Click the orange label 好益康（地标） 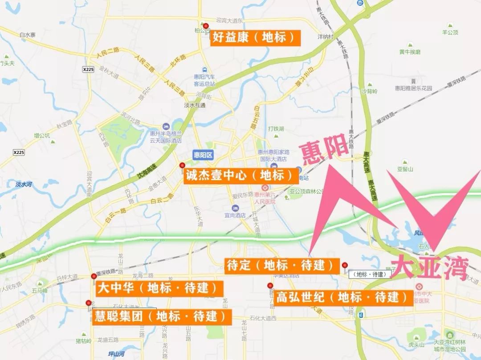(x=254, y=37)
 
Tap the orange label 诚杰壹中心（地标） (x=240, y=175)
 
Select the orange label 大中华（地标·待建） (x=159, y=288)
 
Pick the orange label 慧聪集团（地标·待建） (x=162, y=316)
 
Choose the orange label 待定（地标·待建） (x=281, y=266)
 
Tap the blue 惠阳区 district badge (x=204, y=155)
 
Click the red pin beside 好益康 (x=205, y=26)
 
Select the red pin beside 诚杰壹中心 (x=182, y=166)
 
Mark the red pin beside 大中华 (x=94, y=276)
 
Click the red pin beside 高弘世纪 (x=270, y=286)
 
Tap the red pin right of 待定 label (x=344, y=266)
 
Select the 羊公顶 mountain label (x=450, y=32)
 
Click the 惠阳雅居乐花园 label (x=413, y=88)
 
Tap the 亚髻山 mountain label (x=405, y=169)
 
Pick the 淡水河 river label (x=24, y=184)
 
